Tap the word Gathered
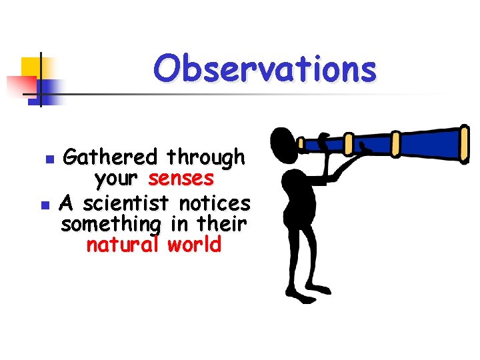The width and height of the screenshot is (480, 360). [109, 158]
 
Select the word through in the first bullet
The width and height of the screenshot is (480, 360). [206, 158]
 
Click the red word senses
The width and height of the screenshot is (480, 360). [181, 179]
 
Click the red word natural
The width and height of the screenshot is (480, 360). [124, 245]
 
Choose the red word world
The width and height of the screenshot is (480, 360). [194, 245]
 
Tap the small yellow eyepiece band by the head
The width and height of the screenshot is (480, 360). [300, 144]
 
